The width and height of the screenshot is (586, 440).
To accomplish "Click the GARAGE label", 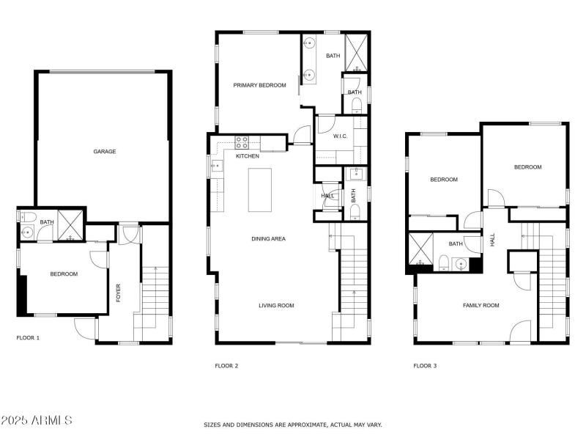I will (104, 152).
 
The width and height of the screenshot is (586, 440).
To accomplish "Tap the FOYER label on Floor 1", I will (118, 293).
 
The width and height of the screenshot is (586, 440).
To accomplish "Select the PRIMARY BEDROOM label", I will (259, 86).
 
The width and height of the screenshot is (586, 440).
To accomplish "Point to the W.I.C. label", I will (340, 136).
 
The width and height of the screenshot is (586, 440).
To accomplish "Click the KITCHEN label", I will (247, 156).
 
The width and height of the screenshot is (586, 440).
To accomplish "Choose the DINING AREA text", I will (268, 238).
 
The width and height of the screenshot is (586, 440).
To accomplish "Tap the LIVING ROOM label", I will (276, 305).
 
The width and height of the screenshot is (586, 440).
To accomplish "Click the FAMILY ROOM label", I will (481, 305).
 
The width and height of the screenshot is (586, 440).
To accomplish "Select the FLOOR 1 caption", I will (28, 338).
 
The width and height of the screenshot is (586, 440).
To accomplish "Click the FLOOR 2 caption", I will (226, 365).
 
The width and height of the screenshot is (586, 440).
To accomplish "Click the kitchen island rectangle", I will (259, 190).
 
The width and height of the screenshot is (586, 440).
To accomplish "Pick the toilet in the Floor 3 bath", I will (444, 262).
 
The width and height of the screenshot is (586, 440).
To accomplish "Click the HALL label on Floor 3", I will (493, 240).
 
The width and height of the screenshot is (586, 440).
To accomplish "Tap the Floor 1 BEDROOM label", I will (64, 274).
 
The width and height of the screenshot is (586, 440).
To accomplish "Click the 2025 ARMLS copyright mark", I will (37, 420).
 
